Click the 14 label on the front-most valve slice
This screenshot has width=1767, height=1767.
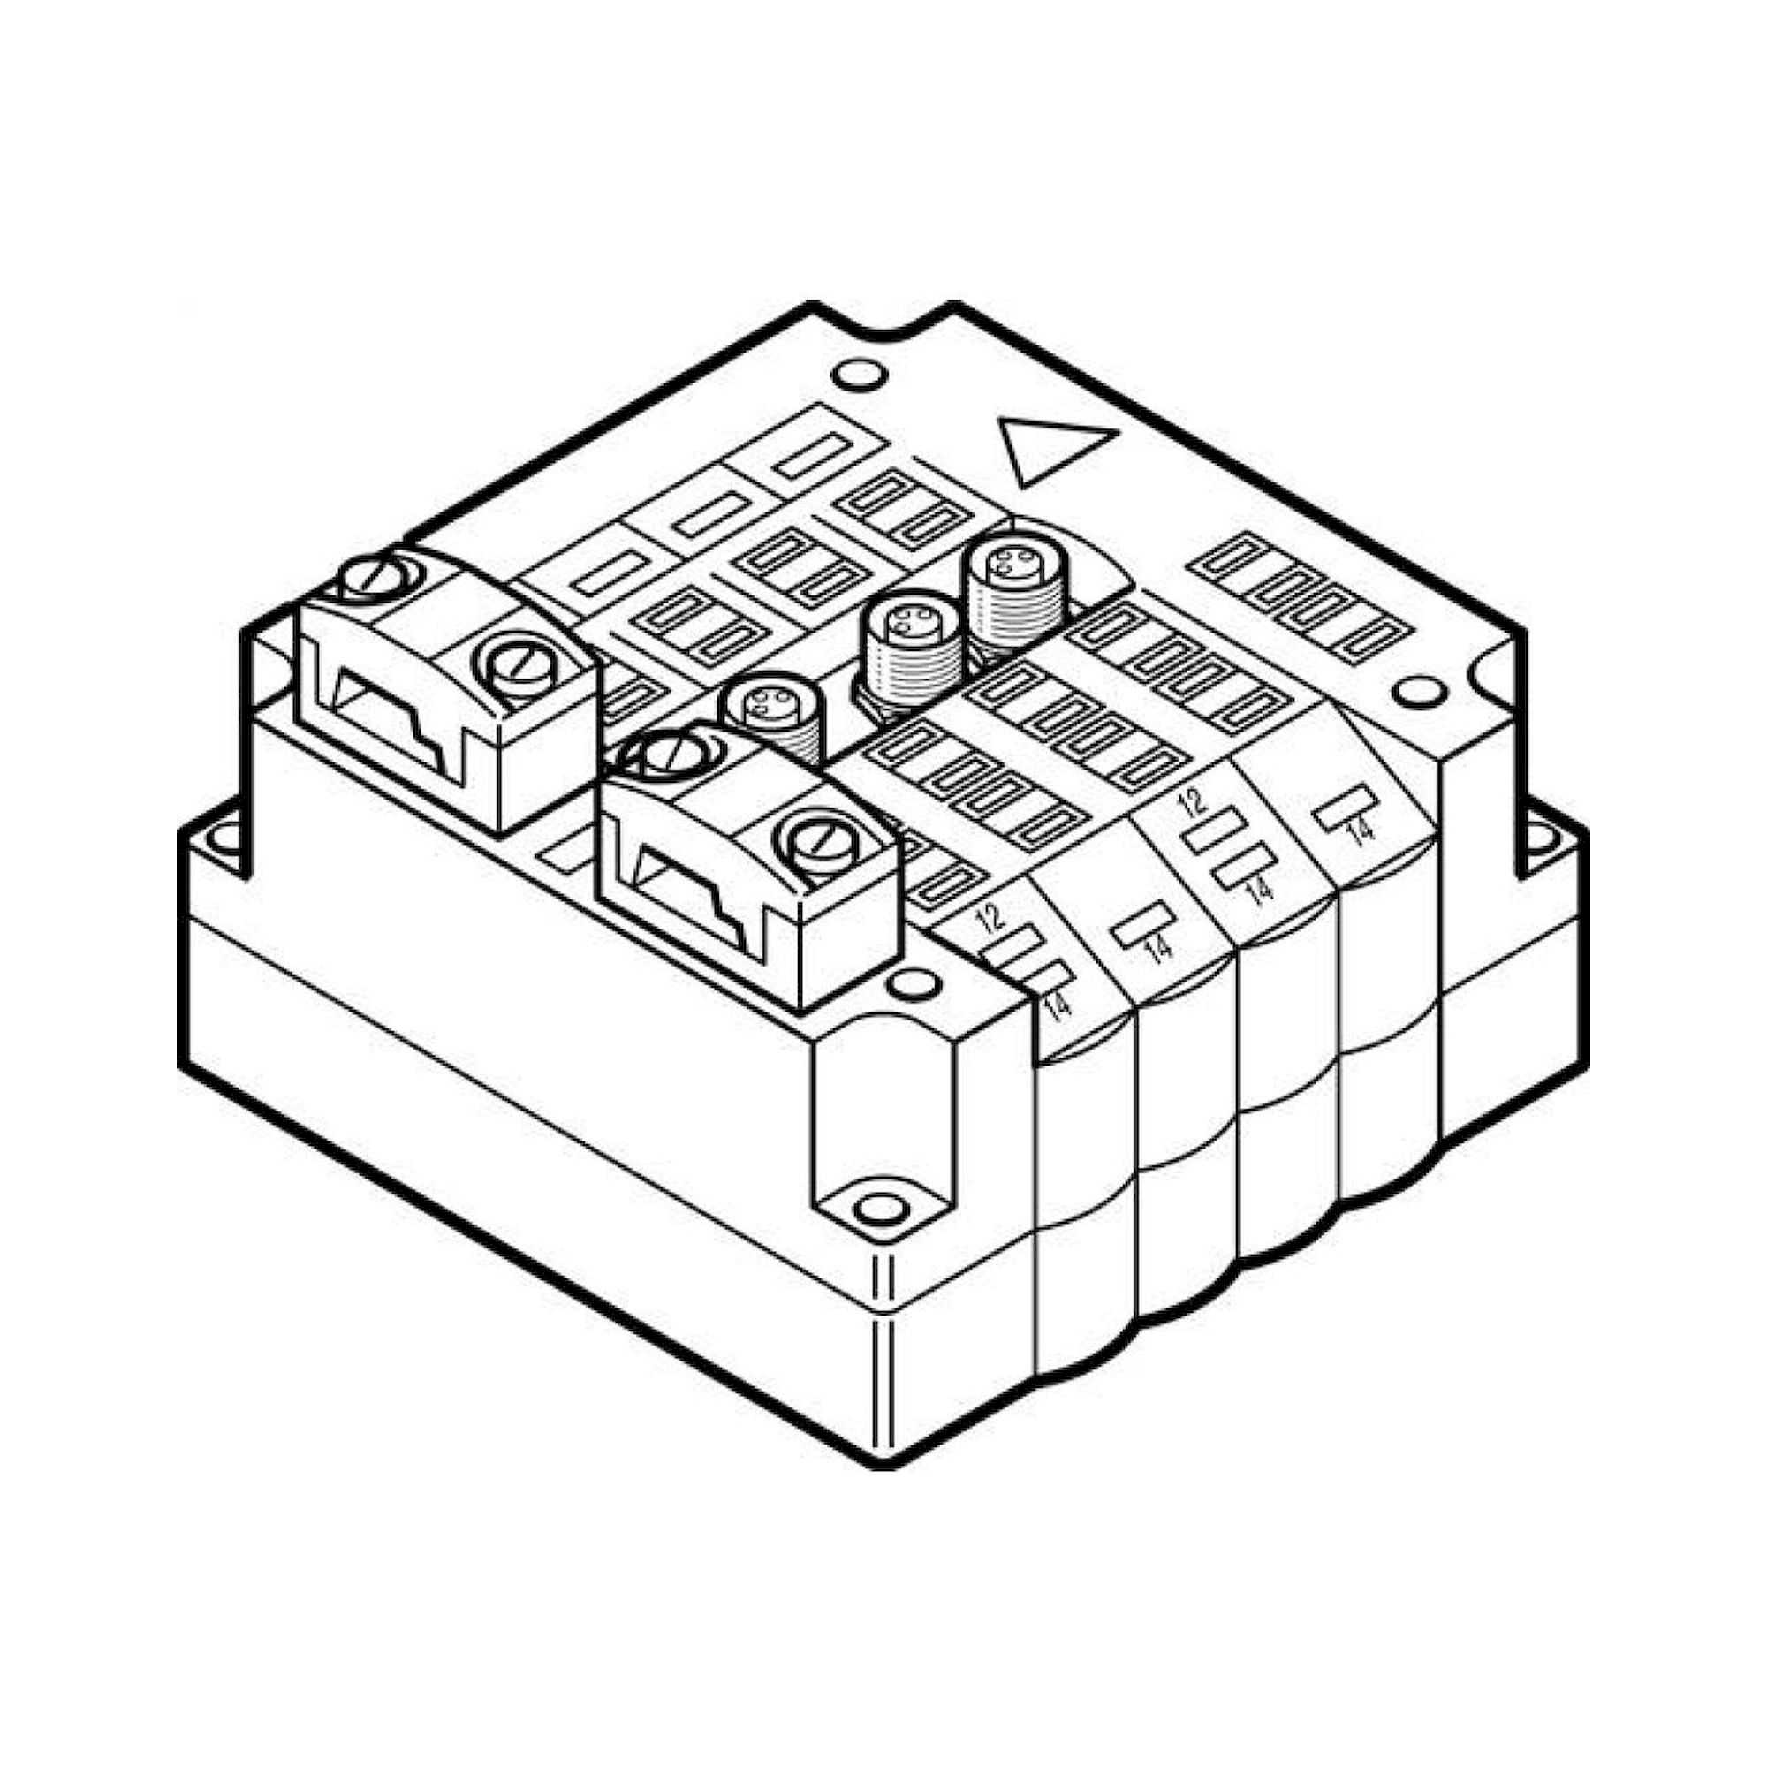(1056, 1005)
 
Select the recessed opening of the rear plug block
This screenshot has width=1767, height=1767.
(393, 713)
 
